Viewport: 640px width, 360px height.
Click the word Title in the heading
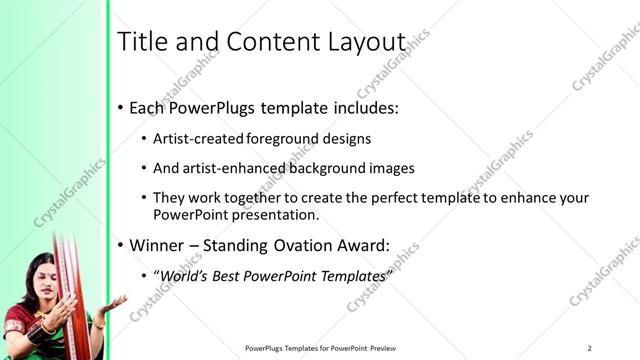[140, 42]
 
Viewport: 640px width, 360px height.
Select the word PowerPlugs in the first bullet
[213, 107]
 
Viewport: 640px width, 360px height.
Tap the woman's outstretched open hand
[113, 303]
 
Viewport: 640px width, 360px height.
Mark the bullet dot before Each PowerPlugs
[121, 107]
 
